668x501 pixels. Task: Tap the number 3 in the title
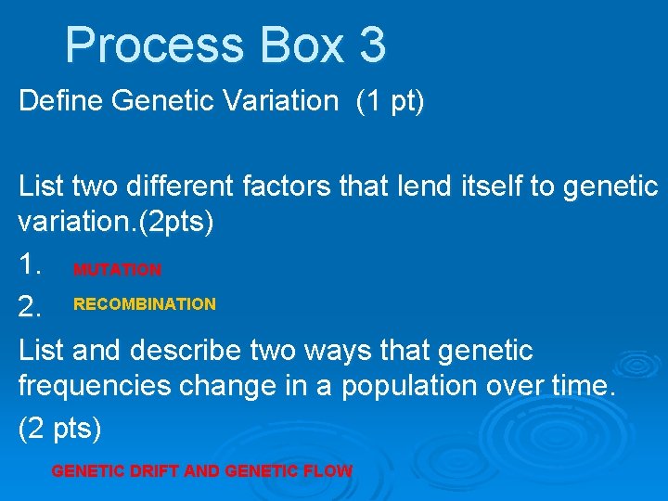coord(371,45)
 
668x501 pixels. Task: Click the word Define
coord(61,101)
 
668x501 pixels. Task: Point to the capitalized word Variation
coord(286,101)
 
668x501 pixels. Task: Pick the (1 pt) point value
coord(390,101)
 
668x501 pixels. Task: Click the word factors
coord(293,187)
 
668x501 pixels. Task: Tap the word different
coord(176,187)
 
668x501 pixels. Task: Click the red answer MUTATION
coord(118,270)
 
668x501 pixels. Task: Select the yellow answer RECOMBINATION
coord(145,304)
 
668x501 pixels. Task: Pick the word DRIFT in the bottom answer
coord(149,471)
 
